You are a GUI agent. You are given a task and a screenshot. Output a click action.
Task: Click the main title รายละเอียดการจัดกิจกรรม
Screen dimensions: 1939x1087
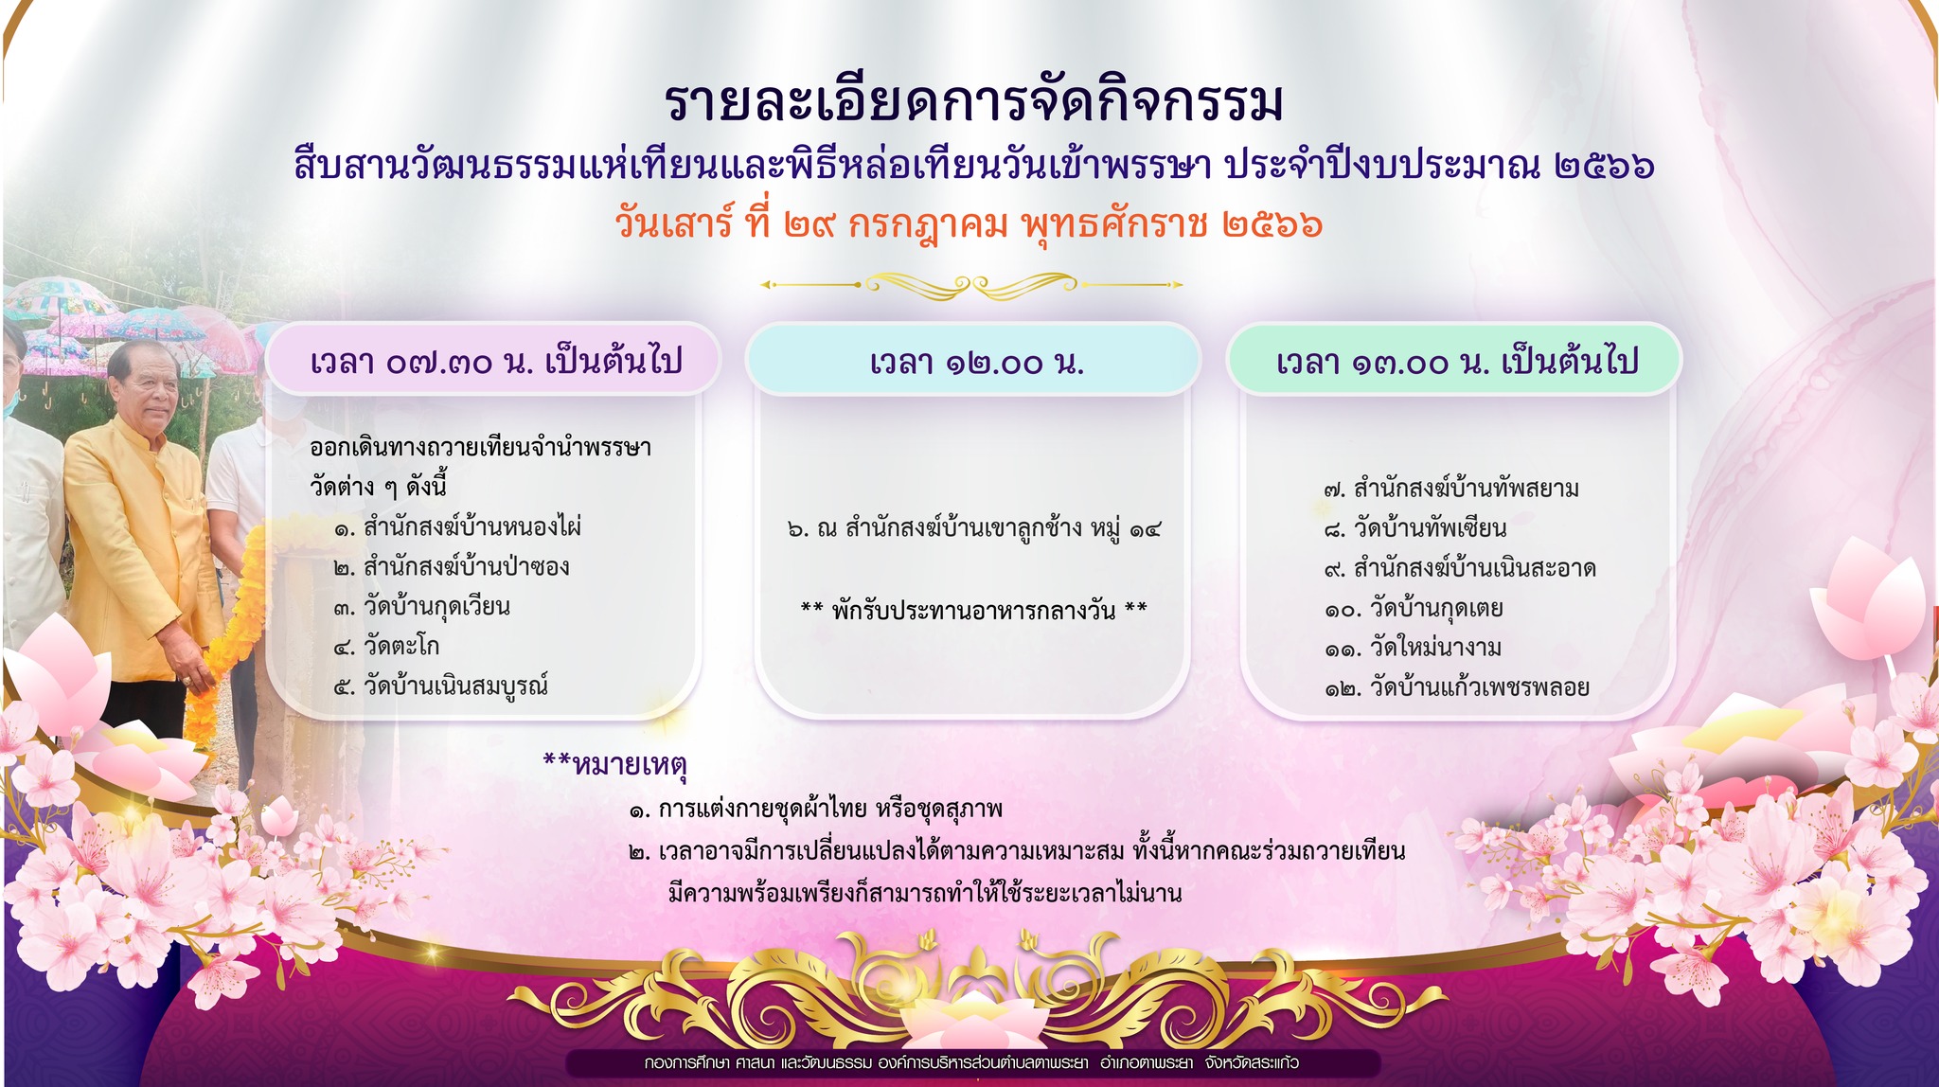point(974,102)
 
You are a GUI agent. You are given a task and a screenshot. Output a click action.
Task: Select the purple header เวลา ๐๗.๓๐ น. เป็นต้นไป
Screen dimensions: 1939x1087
point(495,361)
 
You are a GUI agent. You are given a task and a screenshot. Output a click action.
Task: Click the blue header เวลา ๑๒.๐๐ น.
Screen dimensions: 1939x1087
point(975,361)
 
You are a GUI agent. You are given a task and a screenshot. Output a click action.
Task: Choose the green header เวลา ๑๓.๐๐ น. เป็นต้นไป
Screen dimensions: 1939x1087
point(1455,361)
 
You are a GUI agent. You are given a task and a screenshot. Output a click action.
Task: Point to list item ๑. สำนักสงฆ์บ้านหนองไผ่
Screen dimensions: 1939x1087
point(458,526)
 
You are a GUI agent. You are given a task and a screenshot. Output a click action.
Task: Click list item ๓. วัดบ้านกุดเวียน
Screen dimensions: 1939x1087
point(421,607)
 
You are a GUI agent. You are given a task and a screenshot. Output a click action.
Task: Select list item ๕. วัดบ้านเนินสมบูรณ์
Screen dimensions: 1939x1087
point(441,686)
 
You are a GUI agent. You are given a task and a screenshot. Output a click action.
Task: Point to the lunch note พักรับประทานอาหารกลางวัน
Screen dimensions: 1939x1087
point(974,610)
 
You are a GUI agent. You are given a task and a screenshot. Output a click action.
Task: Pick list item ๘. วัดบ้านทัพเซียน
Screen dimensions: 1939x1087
point(1415,527)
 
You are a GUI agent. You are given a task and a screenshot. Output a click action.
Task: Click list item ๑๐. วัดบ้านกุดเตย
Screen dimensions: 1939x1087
point(1414,608)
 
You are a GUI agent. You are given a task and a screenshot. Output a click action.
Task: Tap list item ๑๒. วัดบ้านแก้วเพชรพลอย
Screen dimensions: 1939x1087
point(1456,687)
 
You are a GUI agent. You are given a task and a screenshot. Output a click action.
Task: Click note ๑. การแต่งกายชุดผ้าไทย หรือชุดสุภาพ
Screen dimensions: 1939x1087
point(815,810)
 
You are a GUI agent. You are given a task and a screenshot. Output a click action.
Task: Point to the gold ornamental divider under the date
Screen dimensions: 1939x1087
point(971,284)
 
